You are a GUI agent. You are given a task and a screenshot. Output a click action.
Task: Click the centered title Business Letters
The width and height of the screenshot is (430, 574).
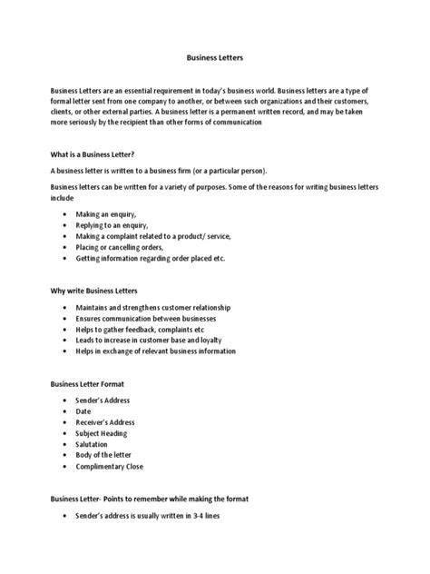coord(214,56)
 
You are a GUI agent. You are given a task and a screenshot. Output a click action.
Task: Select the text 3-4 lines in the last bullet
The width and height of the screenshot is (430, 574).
coord(216,516)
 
